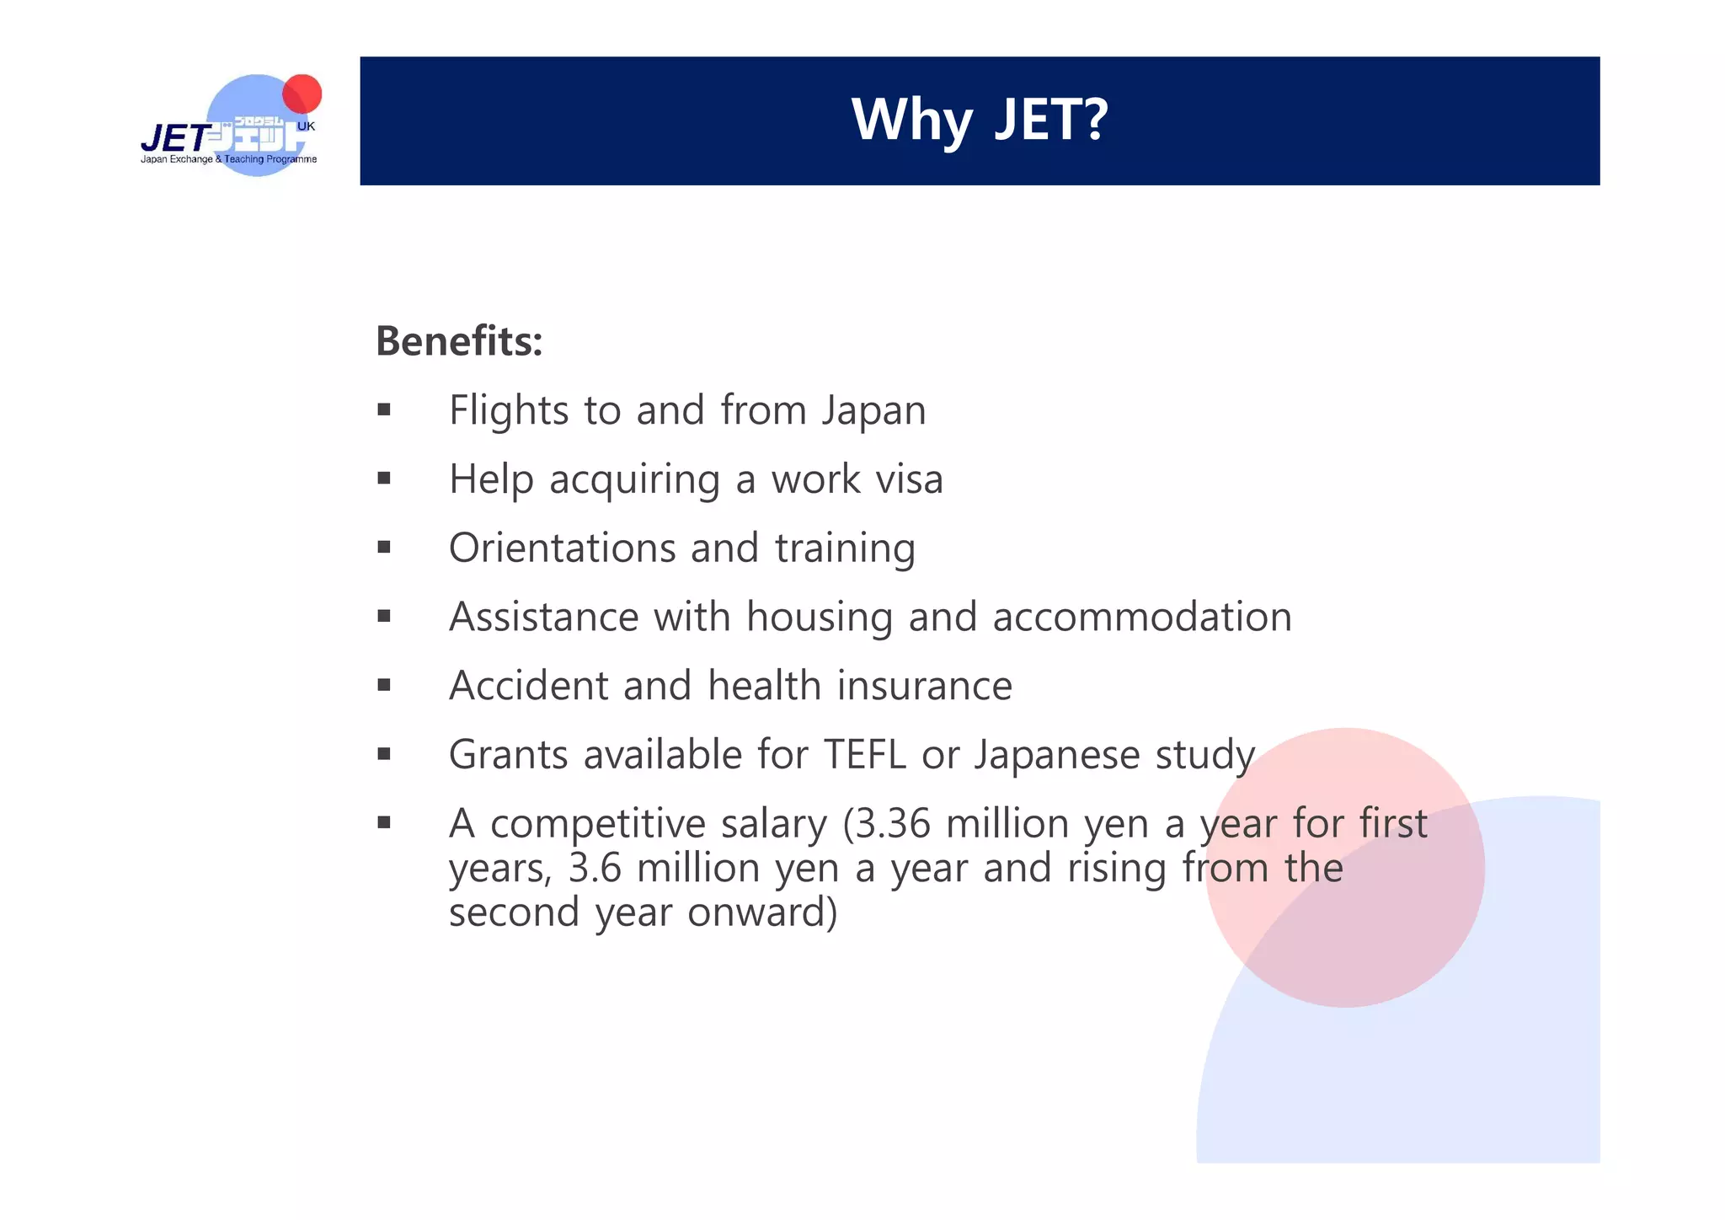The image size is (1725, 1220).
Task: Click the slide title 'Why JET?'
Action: click(979, 120)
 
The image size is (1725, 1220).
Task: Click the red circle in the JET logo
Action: click(302, 94)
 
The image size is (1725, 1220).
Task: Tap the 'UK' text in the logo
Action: click(306, 126)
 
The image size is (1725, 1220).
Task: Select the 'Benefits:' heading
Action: click(459, 341)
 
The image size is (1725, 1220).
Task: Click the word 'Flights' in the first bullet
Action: click(509, 410)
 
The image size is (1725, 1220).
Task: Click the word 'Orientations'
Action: click(562, 548)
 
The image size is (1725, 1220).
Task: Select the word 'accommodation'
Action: click(1141, 617)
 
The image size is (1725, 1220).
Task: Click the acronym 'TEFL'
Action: click(864, 754)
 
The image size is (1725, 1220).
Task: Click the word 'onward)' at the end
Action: click(762, 912)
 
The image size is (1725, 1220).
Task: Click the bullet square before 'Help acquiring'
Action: click(384, 479)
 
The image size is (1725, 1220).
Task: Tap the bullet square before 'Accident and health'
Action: click(384, 686)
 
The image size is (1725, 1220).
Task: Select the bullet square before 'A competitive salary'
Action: click(384, 823)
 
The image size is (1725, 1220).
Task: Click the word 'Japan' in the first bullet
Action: click(873, 412)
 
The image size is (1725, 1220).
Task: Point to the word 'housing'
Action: click(819, 618)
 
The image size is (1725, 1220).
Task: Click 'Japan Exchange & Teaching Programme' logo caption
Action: click(228, 159)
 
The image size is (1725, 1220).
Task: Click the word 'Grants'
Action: click(508, 754)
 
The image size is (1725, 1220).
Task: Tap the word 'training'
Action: click(844, 549)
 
